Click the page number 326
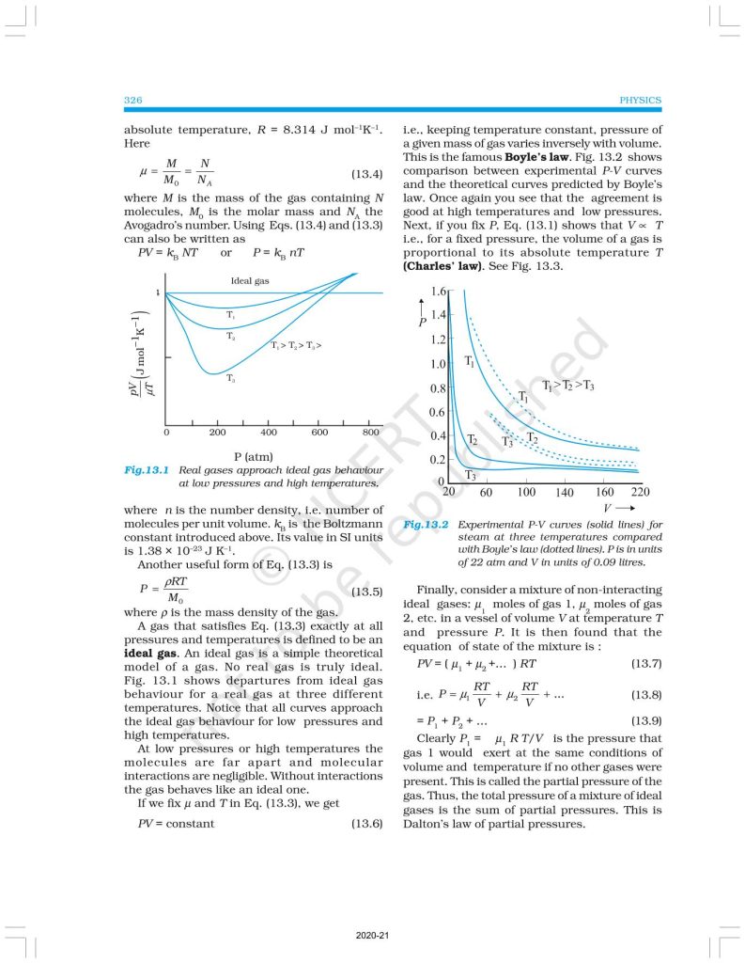132,100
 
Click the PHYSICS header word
641,100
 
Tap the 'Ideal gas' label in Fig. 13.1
250,281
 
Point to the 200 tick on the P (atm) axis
217,433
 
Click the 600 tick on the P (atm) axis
320,433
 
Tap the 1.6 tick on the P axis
437,292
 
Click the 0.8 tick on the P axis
437,388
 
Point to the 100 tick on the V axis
526,492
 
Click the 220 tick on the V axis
640,492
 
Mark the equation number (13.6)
366,824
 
